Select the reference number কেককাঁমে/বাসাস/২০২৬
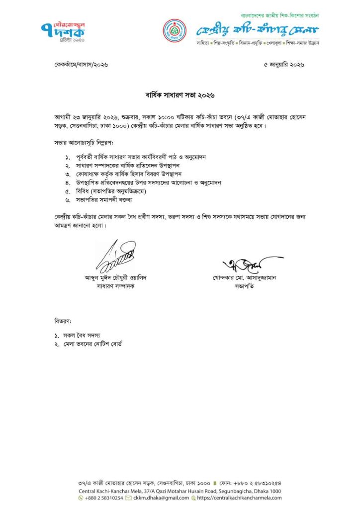tap(81, 65)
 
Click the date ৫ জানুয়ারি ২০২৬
tap(283, 65)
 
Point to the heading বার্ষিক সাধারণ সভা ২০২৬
tap(180, 94)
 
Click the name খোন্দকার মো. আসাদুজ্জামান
tap(243, 278)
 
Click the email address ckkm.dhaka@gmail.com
tap(161, 498)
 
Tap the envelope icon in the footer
tap(128, 498)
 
